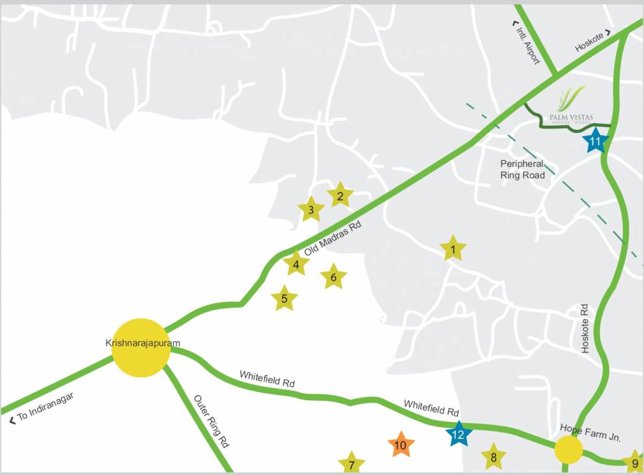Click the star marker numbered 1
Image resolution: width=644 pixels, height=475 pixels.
coord(453,250)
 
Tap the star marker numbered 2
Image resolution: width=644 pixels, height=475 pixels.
coord(340,197)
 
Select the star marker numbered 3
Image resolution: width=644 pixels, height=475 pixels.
coord(311,210)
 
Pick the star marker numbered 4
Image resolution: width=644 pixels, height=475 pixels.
coord(296,265)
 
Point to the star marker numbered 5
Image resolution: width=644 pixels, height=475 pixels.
coord(285,299)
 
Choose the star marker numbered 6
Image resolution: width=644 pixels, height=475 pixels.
coord(333,277)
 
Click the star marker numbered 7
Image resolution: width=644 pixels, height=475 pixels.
coord(351,464)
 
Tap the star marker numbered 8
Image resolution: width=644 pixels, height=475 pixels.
coord(494,458)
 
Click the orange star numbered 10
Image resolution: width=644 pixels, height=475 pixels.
coord(401,445)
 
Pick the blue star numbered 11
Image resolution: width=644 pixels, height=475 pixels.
coord(596,142)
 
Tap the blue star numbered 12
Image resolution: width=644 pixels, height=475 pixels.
coord(458,434)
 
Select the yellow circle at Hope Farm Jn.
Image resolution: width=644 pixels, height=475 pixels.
coord(568,450)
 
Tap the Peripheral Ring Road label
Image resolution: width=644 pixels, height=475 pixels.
coord(523,169)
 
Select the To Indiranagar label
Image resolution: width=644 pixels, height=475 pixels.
coord(42,408)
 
